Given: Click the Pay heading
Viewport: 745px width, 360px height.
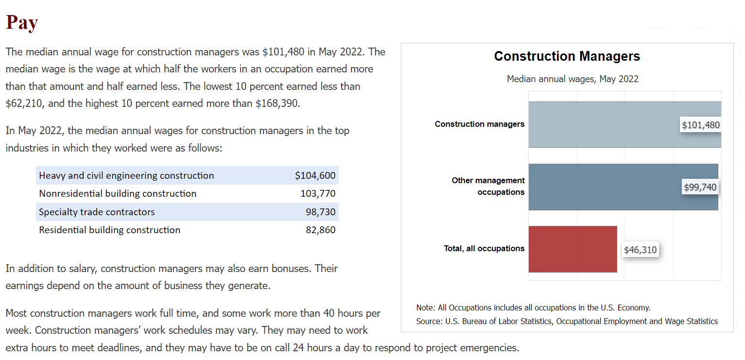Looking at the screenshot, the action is tap(22, 23).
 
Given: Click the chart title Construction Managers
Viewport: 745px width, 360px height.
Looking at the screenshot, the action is tap(567, 56).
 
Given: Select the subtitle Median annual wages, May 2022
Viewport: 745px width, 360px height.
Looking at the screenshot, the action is tap(572, 79).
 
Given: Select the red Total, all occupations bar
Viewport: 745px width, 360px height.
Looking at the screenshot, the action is tap(572, 249).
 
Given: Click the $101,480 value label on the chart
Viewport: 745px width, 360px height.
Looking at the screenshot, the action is tap(700, 125).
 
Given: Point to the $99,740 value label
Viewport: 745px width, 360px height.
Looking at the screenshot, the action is tap(700, 187).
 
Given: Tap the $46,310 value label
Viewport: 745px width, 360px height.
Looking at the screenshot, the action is tap(640, 250).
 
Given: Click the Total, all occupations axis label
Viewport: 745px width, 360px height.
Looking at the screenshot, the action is tap(484, 248).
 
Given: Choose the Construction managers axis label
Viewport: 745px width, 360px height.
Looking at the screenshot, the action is tap(479, 124).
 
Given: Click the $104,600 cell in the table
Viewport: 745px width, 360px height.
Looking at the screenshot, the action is tap(315, 175).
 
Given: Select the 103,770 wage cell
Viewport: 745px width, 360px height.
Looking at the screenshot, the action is tap(318, 193).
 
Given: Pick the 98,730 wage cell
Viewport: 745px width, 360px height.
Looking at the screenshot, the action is tap(321, 212).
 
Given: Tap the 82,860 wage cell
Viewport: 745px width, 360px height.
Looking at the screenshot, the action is tap(321, 230).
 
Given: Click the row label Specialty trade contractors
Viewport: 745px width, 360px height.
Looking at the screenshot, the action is tap(97, 212).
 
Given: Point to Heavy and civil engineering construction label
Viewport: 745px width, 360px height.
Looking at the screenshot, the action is tap(126, 175).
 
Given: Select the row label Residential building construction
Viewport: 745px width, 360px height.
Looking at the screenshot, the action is tap(109, 230).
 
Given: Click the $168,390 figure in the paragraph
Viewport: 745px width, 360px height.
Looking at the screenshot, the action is tap(277, 103).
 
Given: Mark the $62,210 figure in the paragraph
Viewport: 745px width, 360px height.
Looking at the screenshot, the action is tap(24, 103).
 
